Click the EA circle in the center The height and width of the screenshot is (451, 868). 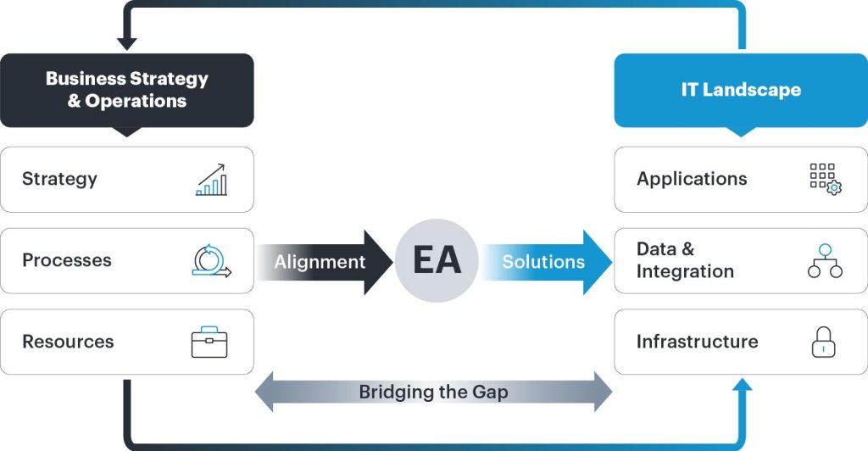point(437,261)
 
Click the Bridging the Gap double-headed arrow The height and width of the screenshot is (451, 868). point(433,393)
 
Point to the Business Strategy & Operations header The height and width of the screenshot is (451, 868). point(127,90)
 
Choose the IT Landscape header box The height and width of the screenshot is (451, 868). point(741,90)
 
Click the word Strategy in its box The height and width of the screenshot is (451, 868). point(59,179)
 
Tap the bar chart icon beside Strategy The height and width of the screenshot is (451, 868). point(210,180)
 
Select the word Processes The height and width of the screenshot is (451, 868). point(67,260)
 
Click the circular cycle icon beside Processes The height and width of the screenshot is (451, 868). point(210,261)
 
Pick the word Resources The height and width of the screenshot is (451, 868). point(68,342)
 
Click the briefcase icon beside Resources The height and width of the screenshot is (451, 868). point(209,342)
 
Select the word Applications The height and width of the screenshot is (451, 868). point(692,179)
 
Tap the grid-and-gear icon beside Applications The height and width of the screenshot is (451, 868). point(824,180)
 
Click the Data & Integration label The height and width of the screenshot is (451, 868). point(685,260)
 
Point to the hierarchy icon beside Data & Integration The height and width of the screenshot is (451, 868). point(824,261)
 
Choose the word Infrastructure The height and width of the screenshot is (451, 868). point(697,342)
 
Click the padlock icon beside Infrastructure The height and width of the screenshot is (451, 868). point(824,342)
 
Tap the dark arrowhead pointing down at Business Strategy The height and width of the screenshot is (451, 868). point(127,43)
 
